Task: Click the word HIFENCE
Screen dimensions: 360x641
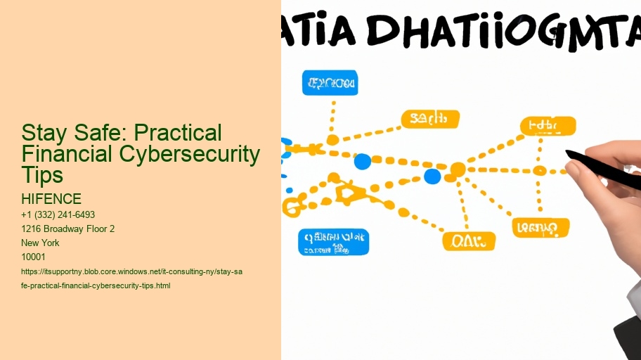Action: click(x=51, y=199)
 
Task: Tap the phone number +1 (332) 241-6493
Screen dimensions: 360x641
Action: click(x=58, y=214)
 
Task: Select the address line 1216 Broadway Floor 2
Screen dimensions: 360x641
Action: click(x=68, y=229)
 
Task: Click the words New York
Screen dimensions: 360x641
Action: click(x=41, y=243)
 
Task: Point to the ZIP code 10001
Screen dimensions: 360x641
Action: click(x=34, y=257)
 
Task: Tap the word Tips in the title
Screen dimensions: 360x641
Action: click(x=41, y=174)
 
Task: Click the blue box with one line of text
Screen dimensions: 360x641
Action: click(x=330, y=83)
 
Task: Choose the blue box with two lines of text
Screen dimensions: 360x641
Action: click(x=333, y=242)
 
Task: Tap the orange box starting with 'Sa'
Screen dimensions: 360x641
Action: click(x=429, y=119)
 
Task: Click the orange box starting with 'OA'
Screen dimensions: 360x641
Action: click(x=468, y=241)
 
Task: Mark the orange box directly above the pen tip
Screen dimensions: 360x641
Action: click(x=548, y=127)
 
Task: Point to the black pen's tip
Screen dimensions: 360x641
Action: click(x=569, y=153)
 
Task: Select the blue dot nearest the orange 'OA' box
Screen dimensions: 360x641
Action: click(x=432, y=176)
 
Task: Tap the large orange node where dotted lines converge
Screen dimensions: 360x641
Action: click(x=458, y=169)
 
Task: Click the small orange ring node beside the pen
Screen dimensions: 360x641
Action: click(x=540, y=170)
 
